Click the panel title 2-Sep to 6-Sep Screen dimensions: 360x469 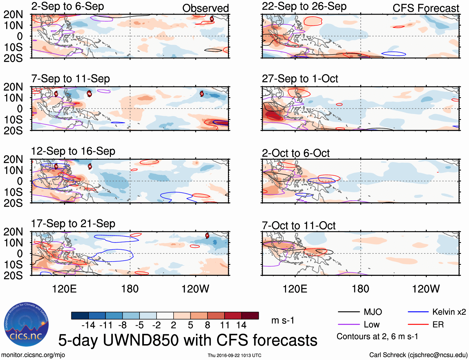coord(67,7)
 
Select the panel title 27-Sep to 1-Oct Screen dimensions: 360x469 coord(300,79)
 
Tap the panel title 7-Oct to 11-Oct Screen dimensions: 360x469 coord(298,226)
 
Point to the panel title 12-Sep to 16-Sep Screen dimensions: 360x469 coord(73,151)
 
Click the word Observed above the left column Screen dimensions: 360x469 coord(205,8)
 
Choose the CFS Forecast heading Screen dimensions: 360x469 coord(426,8)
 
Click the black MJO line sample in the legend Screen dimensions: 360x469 coord(348,312)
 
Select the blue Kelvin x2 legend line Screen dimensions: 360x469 coord(418,312)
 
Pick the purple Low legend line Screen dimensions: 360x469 coord(348,325)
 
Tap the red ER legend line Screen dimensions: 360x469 coord(418,325)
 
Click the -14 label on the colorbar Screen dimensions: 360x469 coord(88,325)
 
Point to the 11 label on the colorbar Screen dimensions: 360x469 coord(225,325)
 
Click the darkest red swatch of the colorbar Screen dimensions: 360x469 coord(250,316)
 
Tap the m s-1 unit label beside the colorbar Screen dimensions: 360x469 coord(283,321)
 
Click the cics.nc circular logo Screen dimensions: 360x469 coord(26,325)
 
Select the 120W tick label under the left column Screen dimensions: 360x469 coord(195,289)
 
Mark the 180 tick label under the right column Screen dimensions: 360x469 coord(360,289)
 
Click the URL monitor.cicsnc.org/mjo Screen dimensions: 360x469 coord(33,355)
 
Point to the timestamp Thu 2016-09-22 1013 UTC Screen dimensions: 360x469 coord(234,355)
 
